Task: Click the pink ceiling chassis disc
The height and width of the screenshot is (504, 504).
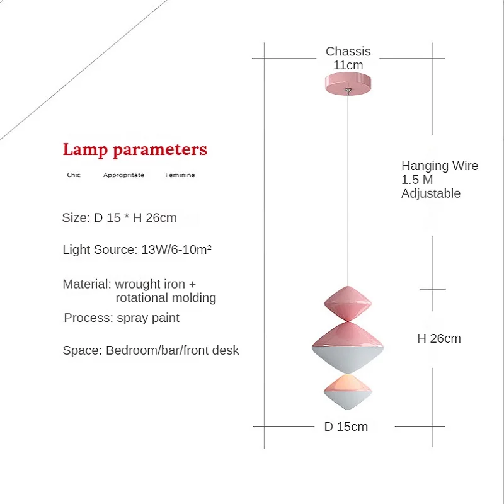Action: point(347,84)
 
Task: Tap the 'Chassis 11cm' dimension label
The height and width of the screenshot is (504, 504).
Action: point(348,58)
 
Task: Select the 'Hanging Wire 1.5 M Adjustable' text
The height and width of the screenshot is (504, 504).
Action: point(439,180)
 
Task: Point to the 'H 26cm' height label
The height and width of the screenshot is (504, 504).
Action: point(439,338)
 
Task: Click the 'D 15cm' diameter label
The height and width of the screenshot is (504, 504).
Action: point(346,427)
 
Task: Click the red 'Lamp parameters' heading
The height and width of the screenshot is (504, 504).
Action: point(135,150)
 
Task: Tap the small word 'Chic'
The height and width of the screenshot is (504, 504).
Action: point(74,175)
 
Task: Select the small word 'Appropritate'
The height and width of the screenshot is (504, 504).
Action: point(123,175)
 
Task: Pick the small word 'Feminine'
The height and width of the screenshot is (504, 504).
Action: point(180,175)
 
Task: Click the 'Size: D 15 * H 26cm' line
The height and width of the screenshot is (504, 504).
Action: point(119,218)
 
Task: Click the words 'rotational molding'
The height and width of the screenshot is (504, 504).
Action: point(166,298)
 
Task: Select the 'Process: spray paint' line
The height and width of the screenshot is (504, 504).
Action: point(122,318)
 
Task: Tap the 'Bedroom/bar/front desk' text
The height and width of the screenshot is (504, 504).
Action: point(173,350)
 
